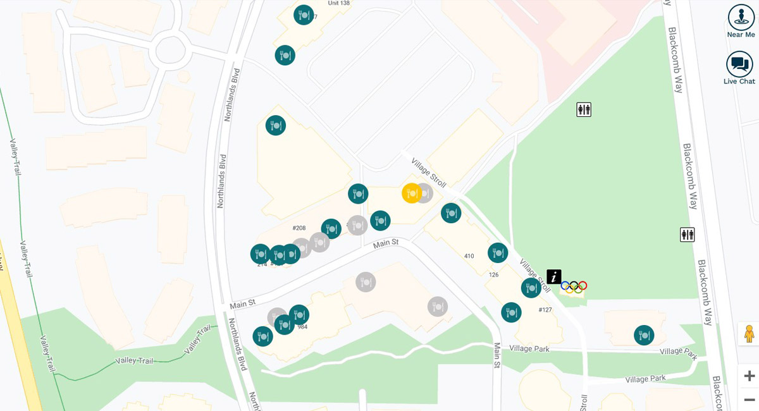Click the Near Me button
741,21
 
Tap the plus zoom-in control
749,376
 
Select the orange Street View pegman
749,333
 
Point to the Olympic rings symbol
574,286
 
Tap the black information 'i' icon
554,276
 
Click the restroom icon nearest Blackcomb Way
687,235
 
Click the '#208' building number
299,228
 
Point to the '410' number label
469,256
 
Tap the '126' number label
494,274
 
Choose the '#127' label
545,310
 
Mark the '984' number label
302,327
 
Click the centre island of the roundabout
170,51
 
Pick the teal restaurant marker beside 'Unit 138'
304,15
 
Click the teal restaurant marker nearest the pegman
644,335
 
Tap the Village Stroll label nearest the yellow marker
429,172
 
